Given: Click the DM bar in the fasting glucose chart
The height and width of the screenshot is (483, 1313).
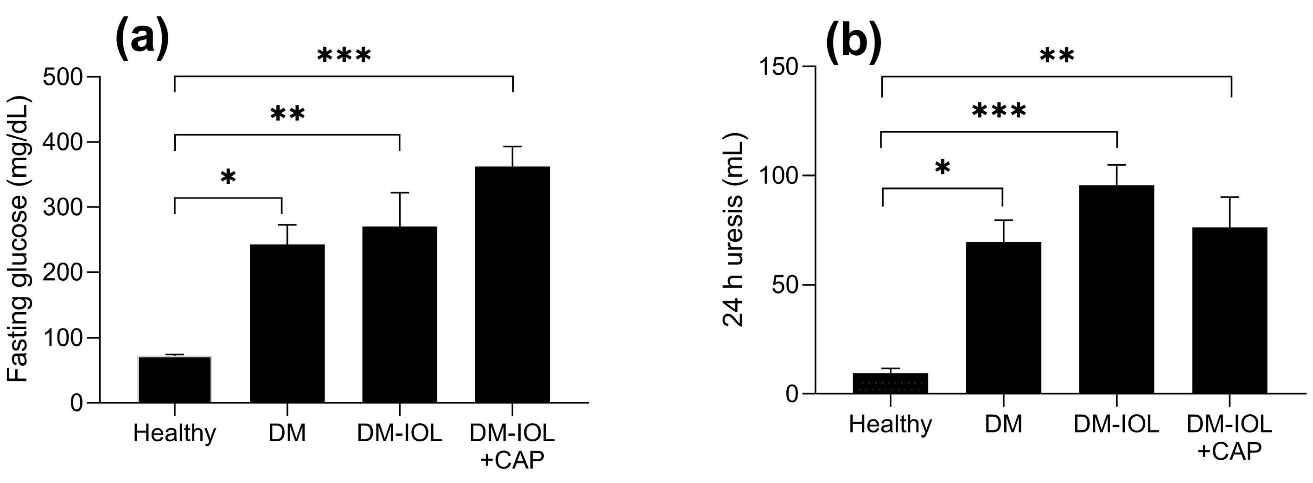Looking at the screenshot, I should [287, 323].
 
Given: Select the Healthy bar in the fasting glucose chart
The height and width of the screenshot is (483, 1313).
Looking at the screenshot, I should [175, 380].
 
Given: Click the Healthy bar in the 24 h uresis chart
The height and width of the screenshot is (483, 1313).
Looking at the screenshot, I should [891, 384].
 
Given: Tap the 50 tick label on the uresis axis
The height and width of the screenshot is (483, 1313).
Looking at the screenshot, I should [785, 284].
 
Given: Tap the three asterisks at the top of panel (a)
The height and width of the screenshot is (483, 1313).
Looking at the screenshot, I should [344, 56].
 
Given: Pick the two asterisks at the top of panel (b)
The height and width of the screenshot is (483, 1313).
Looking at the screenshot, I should [1057, 56].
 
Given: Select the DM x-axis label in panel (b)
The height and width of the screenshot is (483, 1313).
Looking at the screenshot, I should [1003, 425].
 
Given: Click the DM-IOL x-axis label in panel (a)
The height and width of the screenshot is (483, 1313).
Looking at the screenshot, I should [400, 433].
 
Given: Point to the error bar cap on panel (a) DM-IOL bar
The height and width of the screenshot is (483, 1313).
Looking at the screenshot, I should [400, 193].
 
